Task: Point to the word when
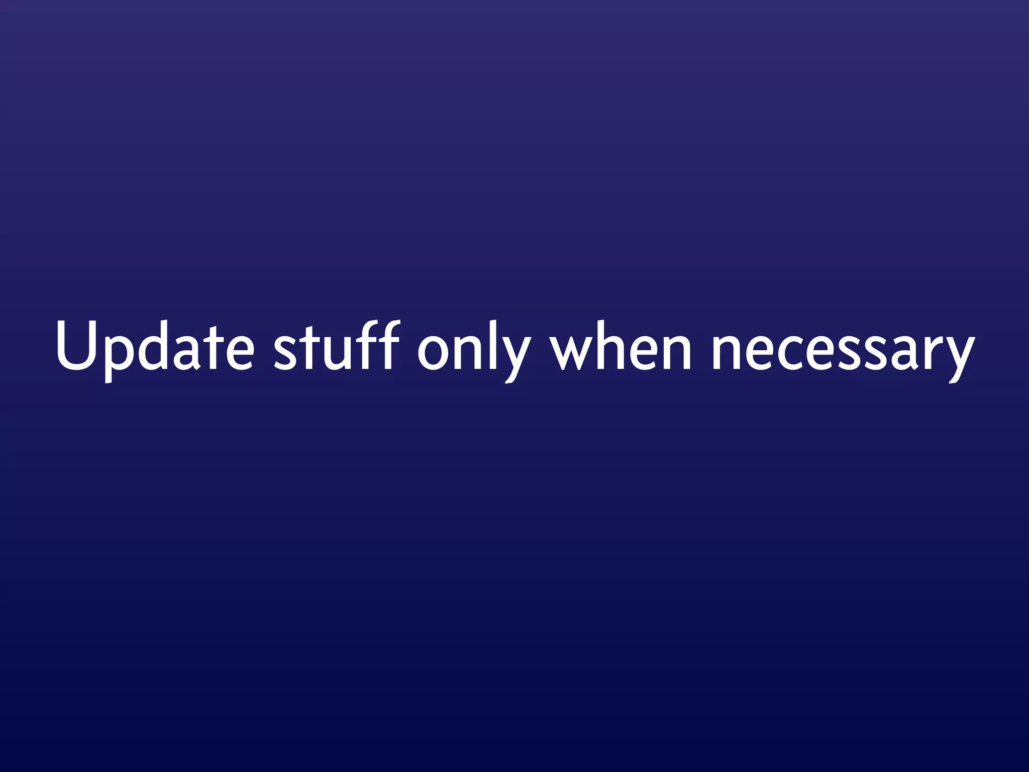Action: click(x=621, y=347)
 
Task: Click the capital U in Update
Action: click(x=76, y=346)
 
